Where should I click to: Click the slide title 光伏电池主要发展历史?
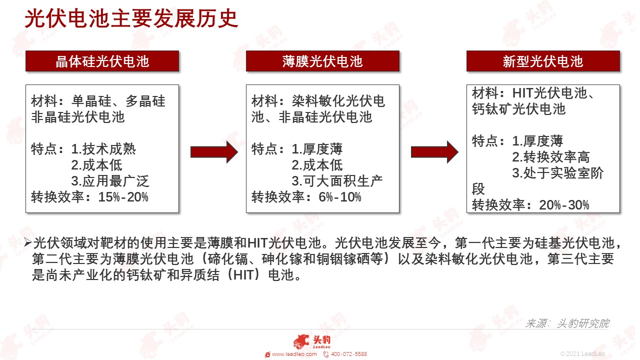tap(131, 19)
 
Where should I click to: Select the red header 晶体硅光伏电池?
tap(102, 61)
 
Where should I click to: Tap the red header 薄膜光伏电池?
tap(322, 61)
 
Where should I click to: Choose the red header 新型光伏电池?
tap(543, 61)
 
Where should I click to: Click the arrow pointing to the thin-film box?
tap(214, 152)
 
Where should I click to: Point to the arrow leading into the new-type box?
tap(434, 152)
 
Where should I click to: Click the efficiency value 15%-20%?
tap(123, 197)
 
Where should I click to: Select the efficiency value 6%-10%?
tap(340, 197)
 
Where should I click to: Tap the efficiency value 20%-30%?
tap(564, 205)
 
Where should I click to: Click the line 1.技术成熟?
tap(103, 149)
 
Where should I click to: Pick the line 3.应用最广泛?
tap(110, 181)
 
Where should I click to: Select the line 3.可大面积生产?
tap(337, 181)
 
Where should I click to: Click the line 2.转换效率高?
tap(551, 157)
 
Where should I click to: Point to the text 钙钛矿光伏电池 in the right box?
tap(518, 109)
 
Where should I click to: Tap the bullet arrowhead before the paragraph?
tap(27, 242)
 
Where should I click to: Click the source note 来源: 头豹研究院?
tap(567, 323)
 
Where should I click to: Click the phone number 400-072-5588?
tap(349, 354)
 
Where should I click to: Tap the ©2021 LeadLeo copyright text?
tap(582, 354)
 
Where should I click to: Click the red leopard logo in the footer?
tap(301, 341)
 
